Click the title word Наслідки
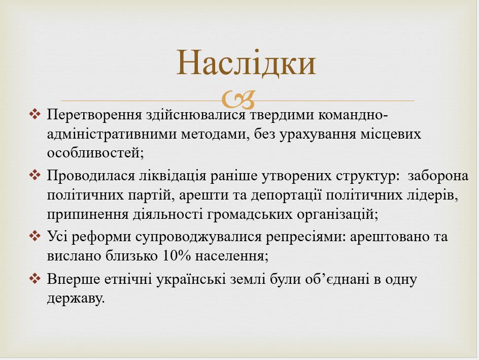246,63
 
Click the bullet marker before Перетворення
35,114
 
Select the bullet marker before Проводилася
35,175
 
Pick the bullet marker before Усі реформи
35,237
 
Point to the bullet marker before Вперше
35,279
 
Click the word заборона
438,176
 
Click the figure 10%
176,255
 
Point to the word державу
76,298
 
